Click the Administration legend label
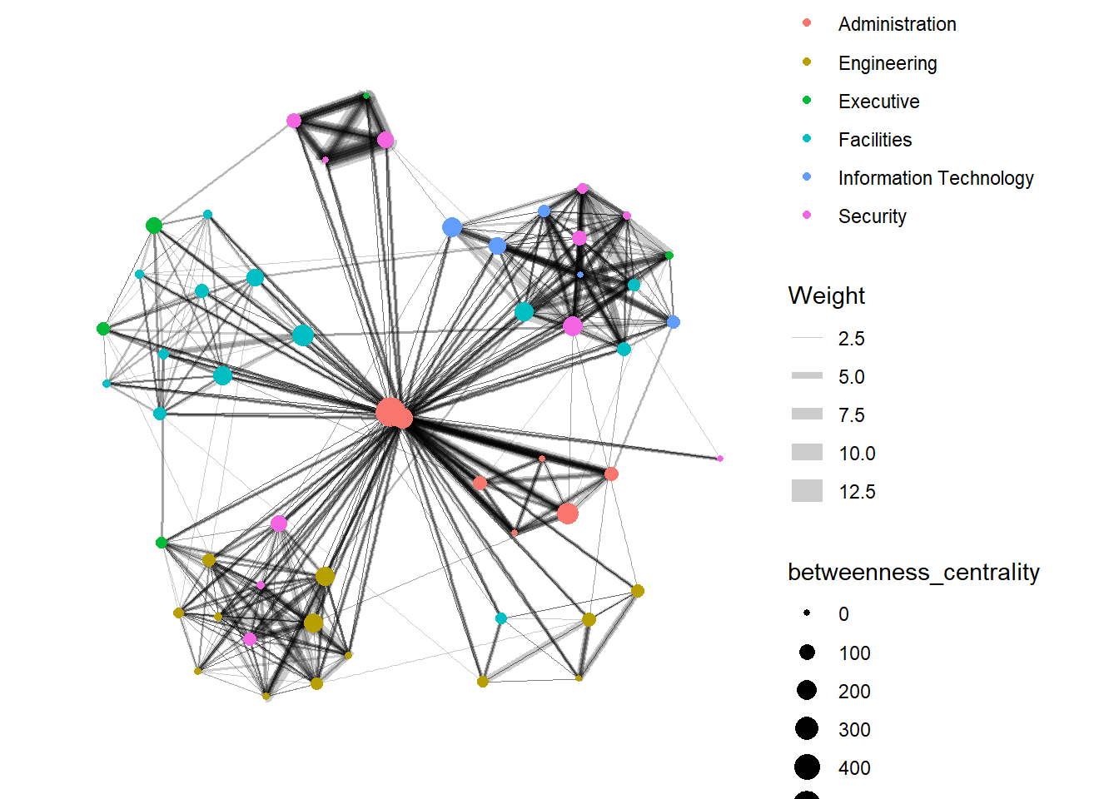point(897,24)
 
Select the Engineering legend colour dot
point(807,62)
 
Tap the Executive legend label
point(878,102)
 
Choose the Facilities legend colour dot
point(807,138)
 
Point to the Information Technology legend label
point(935,178)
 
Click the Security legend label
point(872,216)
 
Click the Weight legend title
point(826,295)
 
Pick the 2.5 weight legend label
point(851,339)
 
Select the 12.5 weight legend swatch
point(807,491)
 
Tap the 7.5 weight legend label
point(851,415)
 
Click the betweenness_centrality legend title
point(913,572)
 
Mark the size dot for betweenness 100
point(807,653)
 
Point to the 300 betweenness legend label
point(854,730)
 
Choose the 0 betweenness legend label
point(843,614)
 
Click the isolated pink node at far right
point(720,459)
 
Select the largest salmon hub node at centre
point(389,411)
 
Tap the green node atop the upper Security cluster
point(366,96)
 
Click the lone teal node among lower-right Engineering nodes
point(501,618)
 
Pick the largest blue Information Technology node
point(452,227)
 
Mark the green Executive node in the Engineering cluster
point(162,543)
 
